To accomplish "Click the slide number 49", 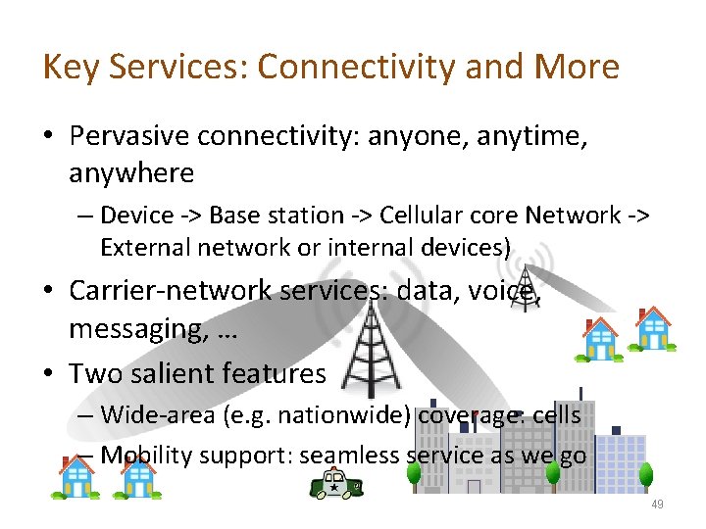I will point(656,505).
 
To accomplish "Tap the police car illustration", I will point(336,484).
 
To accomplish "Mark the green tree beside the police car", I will point(413,475).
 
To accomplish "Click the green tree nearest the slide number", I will point(646,475).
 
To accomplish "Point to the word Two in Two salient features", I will point(97,372).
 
